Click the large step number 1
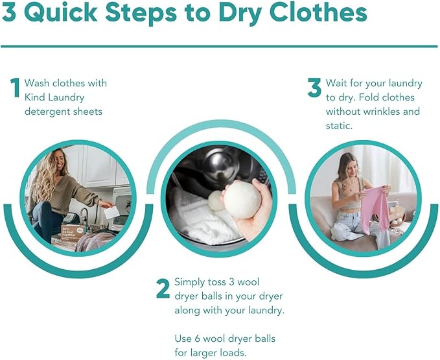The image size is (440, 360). tap(15, 88)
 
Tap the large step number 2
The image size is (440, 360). tap(163, 289)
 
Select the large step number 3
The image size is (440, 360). tap(314, 88)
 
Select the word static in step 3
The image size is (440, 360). tap(338, 125)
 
